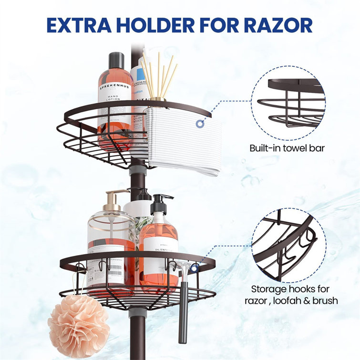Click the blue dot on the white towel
tap(198, 124)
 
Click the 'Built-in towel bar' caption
tap(287, 148)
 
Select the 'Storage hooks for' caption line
tap(291, 289)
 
